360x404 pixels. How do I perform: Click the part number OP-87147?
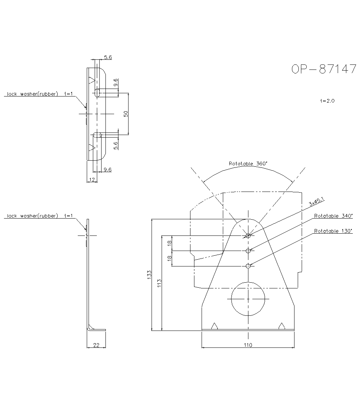pos(323,69)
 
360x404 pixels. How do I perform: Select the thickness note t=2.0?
pos(327,101)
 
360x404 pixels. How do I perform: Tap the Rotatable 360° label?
pos(248,163)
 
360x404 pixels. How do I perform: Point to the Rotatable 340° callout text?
pos(333,216)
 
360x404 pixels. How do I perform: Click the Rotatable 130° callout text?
pos(333,231)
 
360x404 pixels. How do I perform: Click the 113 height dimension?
pos(159,283)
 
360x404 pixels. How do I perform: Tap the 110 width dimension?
pos(248,345)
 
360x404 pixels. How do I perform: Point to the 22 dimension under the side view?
pos(96,345)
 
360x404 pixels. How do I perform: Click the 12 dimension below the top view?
pos(92,179)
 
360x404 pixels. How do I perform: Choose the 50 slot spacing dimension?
pos(126,114)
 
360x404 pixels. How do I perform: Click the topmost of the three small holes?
pos(248,235)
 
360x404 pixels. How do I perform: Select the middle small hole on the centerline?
pos(248,251)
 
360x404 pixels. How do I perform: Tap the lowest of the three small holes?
pos(248,266)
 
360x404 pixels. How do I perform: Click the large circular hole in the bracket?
pos(248,298)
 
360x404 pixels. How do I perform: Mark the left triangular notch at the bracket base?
pos(215,326)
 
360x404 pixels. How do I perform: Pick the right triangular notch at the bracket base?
pos(282,326)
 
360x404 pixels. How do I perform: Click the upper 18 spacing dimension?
pos(169,243)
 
